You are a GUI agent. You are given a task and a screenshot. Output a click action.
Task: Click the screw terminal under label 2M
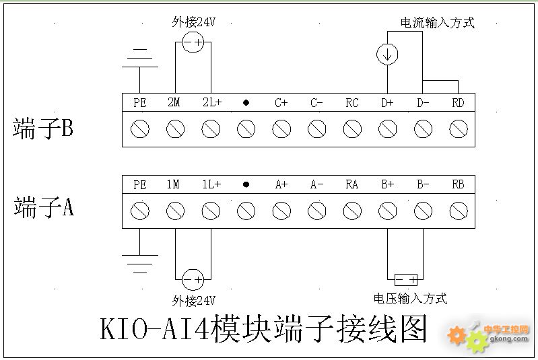[175, 129]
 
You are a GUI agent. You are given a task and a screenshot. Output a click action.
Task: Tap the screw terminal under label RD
[459, 129]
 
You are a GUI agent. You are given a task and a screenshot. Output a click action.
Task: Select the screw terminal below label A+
[281, 211]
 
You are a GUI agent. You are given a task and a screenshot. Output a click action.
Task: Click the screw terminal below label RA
[351, 211]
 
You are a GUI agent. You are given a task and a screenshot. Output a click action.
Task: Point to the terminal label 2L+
[211, 103]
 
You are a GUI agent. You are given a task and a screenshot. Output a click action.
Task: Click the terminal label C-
[316, 103]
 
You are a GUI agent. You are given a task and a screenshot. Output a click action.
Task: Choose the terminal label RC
[351, 103]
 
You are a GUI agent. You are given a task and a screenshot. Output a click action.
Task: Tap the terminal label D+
[387, 103]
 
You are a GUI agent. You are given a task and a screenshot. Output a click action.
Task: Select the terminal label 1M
[174, 184]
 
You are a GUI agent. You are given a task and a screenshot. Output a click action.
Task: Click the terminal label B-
[423, 184]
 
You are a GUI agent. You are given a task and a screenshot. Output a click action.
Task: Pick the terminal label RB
[458, 184]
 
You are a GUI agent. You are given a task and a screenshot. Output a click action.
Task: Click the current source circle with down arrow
[387, 55]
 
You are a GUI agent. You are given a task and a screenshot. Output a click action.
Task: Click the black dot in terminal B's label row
[246, 103]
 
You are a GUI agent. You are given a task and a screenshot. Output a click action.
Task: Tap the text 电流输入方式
[437, 23]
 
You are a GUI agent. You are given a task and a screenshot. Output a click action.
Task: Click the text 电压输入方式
[410, 298]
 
